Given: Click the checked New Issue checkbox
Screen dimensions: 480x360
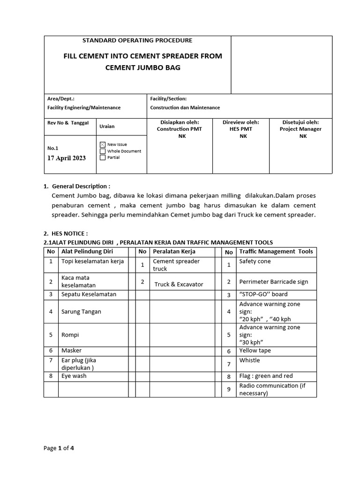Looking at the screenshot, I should [x=103, y=145].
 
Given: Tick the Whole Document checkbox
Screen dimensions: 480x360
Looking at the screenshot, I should [x=103, y=151].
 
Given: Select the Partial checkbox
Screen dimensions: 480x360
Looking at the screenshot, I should [x=103, y=157].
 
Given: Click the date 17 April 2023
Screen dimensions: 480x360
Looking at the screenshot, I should [x=67, y=158].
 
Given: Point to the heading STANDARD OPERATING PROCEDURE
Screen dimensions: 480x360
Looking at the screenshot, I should [x=137, y=41].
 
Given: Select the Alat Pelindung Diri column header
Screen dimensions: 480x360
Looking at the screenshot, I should [x=84, y=252].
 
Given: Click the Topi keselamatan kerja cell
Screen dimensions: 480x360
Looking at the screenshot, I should [x=92, y=262].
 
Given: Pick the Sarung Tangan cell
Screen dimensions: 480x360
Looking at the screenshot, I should [x=81, y=312].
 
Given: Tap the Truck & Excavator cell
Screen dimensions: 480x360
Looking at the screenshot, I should [x=179, y=285].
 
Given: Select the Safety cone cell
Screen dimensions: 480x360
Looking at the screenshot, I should [x=255, y=262].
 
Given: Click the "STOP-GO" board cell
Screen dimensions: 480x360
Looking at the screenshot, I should [x=263, y=294].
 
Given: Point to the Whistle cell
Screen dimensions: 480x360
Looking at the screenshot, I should [x=249, y=360].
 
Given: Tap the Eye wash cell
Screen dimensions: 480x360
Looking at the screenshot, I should [x=74, y=376].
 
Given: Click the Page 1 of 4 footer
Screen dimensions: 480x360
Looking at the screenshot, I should [x=59, y=448].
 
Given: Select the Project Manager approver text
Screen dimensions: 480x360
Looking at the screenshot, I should [x=300, y=129].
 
